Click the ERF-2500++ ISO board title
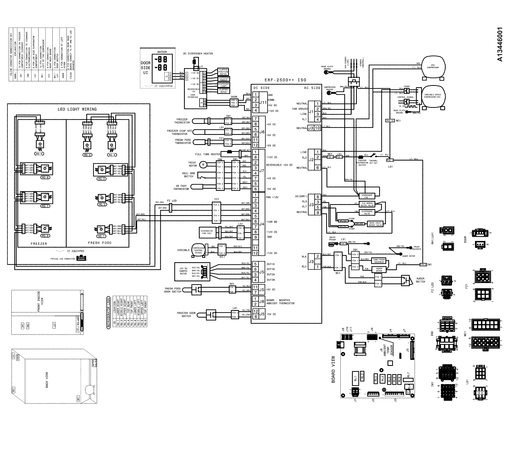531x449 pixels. click(x=285, y=80)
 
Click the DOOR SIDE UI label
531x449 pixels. click(x=145, y=68)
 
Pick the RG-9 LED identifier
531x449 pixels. click(x=39, y=154)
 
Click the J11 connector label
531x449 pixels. click(x=263, y=103)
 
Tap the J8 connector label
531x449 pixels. click(x=262, y=302)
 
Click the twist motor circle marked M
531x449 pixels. click(x=203, y=164)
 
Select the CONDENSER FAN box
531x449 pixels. click(x=367, y=196)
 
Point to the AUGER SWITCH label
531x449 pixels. click(x=421, y=280)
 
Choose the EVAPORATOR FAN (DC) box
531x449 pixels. click(x=207, y=232)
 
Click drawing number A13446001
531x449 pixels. click(x=500, y=44)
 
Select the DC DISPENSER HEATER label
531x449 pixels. click(x=198, y=54)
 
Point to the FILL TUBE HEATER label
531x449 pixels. click(x=208, y=154)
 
